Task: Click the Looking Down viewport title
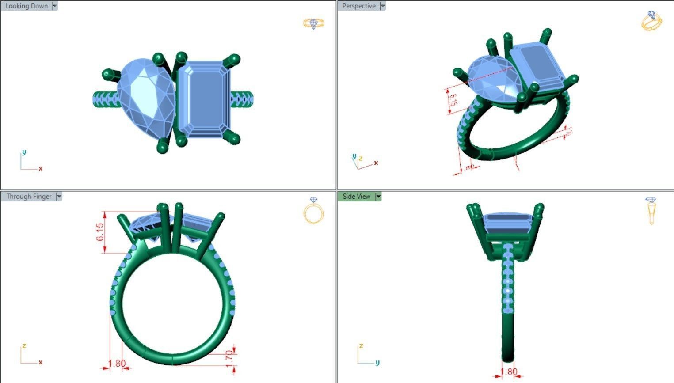coord(26,6)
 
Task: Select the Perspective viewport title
coord(358,6)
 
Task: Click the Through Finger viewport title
coord(29,197)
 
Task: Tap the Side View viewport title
coord(356,197)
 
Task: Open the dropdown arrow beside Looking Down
coord(55,6)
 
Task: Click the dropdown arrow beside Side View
coord(378,197)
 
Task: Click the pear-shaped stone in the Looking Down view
coord(146,97)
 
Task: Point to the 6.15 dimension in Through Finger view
coord(100,232)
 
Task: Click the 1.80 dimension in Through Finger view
coord(117,364)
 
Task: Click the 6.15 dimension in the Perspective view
coord(453,99)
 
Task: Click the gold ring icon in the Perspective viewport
coord(651,21)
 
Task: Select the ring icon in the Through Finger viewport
coord(314,211)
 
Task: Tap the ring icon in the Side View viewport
coord(651,210)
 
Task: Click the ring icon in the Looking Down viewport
coord(314,23)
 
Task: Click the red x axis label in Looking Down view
coord(41,168)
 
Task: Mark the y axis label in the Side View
coord(377,363)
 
